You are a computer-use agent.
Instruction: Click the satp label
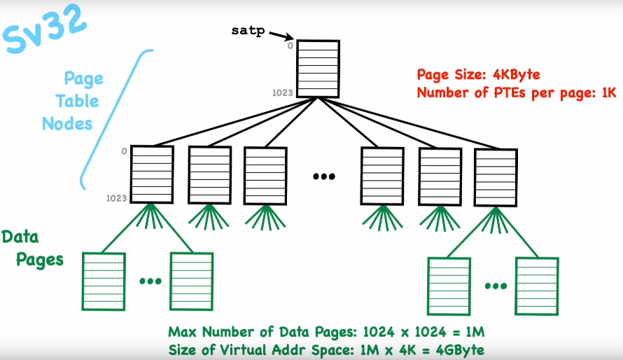click(x=246, y=32)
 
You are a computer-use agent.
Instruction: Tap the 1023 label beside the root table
click(x=283, y=92)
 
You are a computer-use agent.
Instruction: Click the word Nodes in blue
click(x=67, y=124)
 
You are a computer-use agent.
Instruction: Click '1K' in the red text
click(x=606, y=92)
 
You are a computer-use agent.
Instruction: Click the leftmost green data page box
click(x=104, y=280)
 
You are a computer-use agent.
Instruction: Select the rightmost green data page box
click(x=537, y=286)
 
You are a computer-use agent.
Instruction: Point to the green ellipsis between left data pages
click(x=150, y=281)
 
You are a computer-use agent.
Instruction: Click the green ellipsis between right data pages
click(x=496, y=285)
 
